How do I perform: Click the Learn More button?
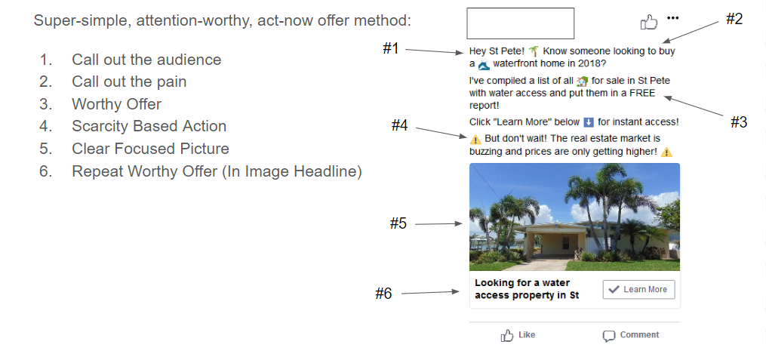(x=638, y=290)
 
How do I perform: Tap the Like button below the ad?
(x=518, y=335)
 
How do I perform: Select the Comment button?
(x=631, y=335)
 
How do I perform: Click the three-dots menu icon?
(x=673, y=18)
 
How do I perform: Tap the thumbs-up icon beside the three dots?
(x=649, y=23)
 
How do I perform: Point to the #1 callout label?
(x=390, y=49)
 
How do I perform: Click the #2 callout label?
(x=734, y=20)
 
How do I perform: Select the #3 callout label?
(x=739, y=122)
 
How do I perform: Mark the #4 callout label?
(x=399, y=126)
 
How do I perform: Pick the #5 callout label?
(x=398, y=223)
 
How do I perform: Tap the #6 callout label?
(x=384, y=294)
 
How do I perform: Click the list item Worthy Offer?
(x=116, y=104)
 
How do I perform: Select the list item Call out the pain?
(x=129, y=82)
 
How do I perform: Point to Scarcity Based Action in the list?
(x=149, y=126)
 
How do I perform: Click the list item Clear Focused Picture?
(x=150, y=149)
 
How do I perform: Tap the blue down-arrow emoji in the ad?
(x=589, y=122)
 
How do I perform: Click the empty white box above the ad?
(x=521, y=23)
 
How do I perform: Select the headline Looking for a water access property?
(x=527, y=289)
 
